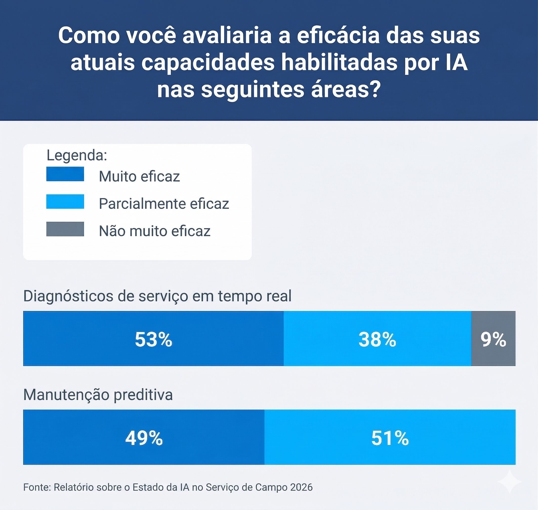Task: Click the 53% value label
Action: click(153, 339)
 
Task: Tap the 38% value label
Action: click(377, 339)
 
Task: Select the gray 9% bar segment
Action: click(493, 339)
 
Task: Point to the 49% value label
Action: click(144, 438)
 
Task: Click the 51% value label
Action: click(390, 438)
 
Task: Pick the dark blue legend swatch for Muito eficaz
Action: click(65, 174)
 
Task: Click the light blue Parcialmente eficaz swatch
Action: click(65, 201)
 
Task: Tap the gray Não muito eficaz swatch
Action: click(65, 229)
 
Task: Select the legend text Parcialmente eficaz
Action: click(164, 204)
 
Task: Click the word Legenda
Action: click(77, 155)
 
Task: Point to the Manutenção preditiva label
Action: click(98, 394)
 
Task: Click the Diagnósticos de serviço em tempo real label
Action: click(157, 296)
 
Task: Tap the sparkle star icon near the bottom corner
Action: click(509, 482)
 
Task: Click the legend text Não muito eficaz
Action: click(154, 231)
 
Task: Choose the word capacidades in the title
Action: click(208, 62)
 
